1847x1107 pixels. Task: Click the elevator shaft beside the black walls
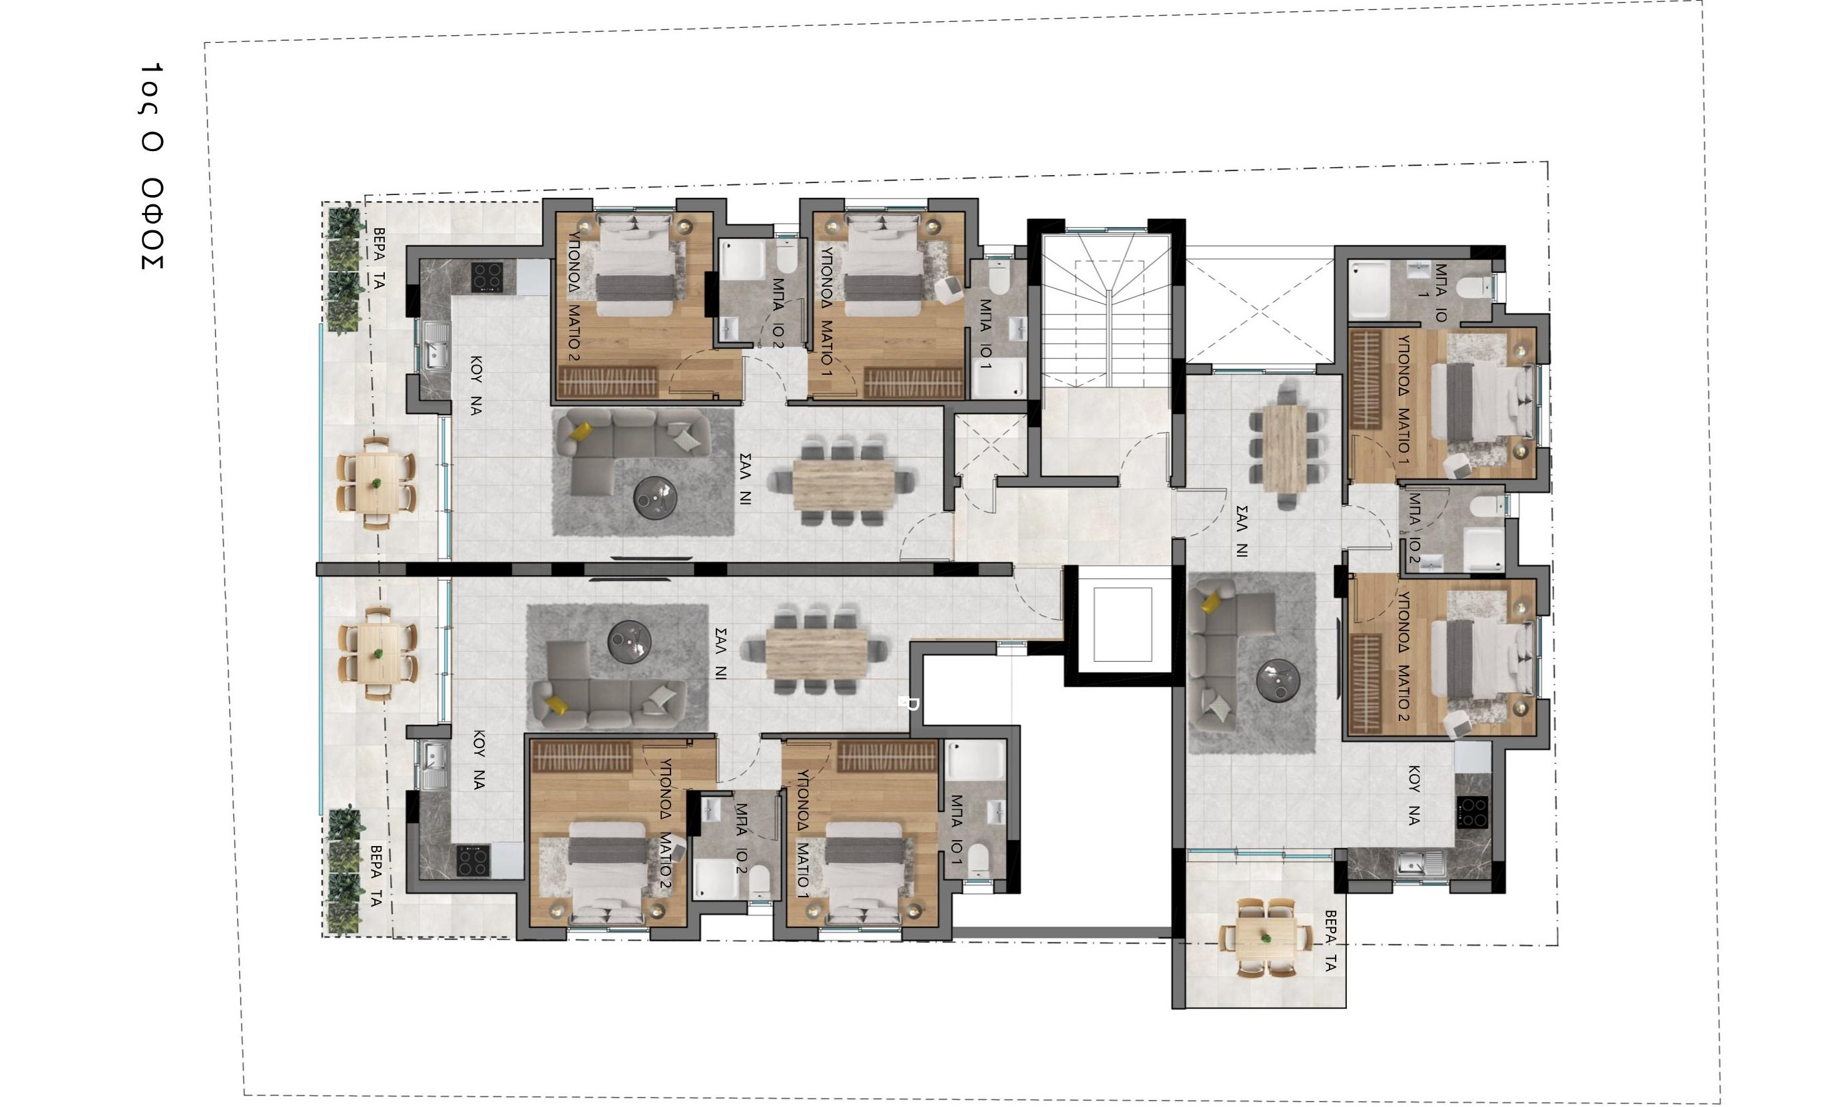pos(1123,624)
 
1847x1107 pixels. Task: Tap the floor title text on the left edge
pos(151,166)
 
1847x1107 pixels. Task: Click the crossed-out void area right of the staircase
pos(1259,310)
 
